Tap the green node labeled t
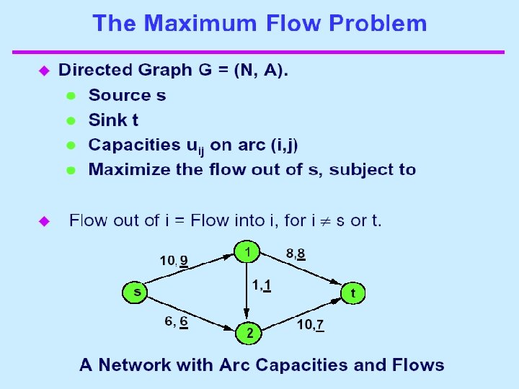coord(352,293)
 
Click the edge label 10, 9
coord(174,260)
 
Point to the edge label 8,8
coord(296,254)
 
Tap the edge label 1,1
coord(261,286)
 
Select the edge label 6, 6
coord(176,323)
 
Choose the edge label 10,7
coord(310,326)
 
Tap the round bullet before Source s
coord(71,95)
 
